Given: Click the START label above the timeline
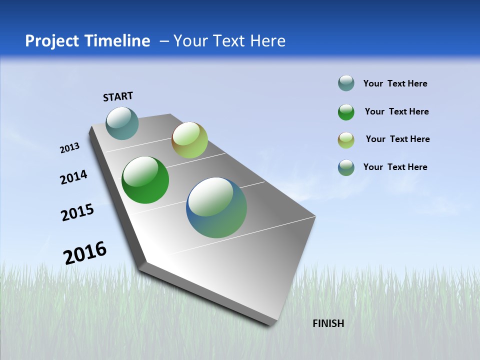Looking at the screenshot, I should coord(118,96).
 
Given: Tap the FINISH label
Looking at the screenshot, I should coord(328,323).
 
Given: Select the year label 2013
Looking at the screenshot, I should coord(69,148).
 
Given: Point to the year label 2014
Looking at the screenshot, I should coord(73,177).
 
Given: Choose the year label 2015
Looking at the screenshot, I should coord(77,212).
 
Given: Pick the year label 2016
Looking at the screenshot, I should coord(85,252).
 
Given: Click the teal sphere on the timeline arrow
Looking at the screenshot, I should coord(122,123).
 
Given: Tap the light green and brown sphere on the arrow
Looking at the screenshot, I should coord(189,140).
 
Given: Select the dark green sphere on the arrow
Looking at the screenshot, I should coord(145,180).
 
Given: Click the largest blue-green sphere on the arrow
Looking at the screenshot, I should coord(216,207).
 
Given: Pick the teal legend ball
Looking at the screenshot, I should coord(346,83).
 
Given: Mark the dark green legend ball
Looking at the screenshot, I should coord(346,112).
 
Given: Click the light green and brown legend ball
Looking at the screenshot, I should coord(346,140).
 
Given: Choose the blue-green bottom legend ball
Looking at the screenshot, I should coord(346,167).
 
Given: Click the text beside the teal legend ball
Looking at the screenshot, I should coord(395,84).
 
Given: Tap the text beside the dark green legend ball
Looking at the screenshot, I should coord(396,111).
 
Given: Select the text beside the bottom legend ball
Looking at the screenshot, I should coord(395,167).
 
